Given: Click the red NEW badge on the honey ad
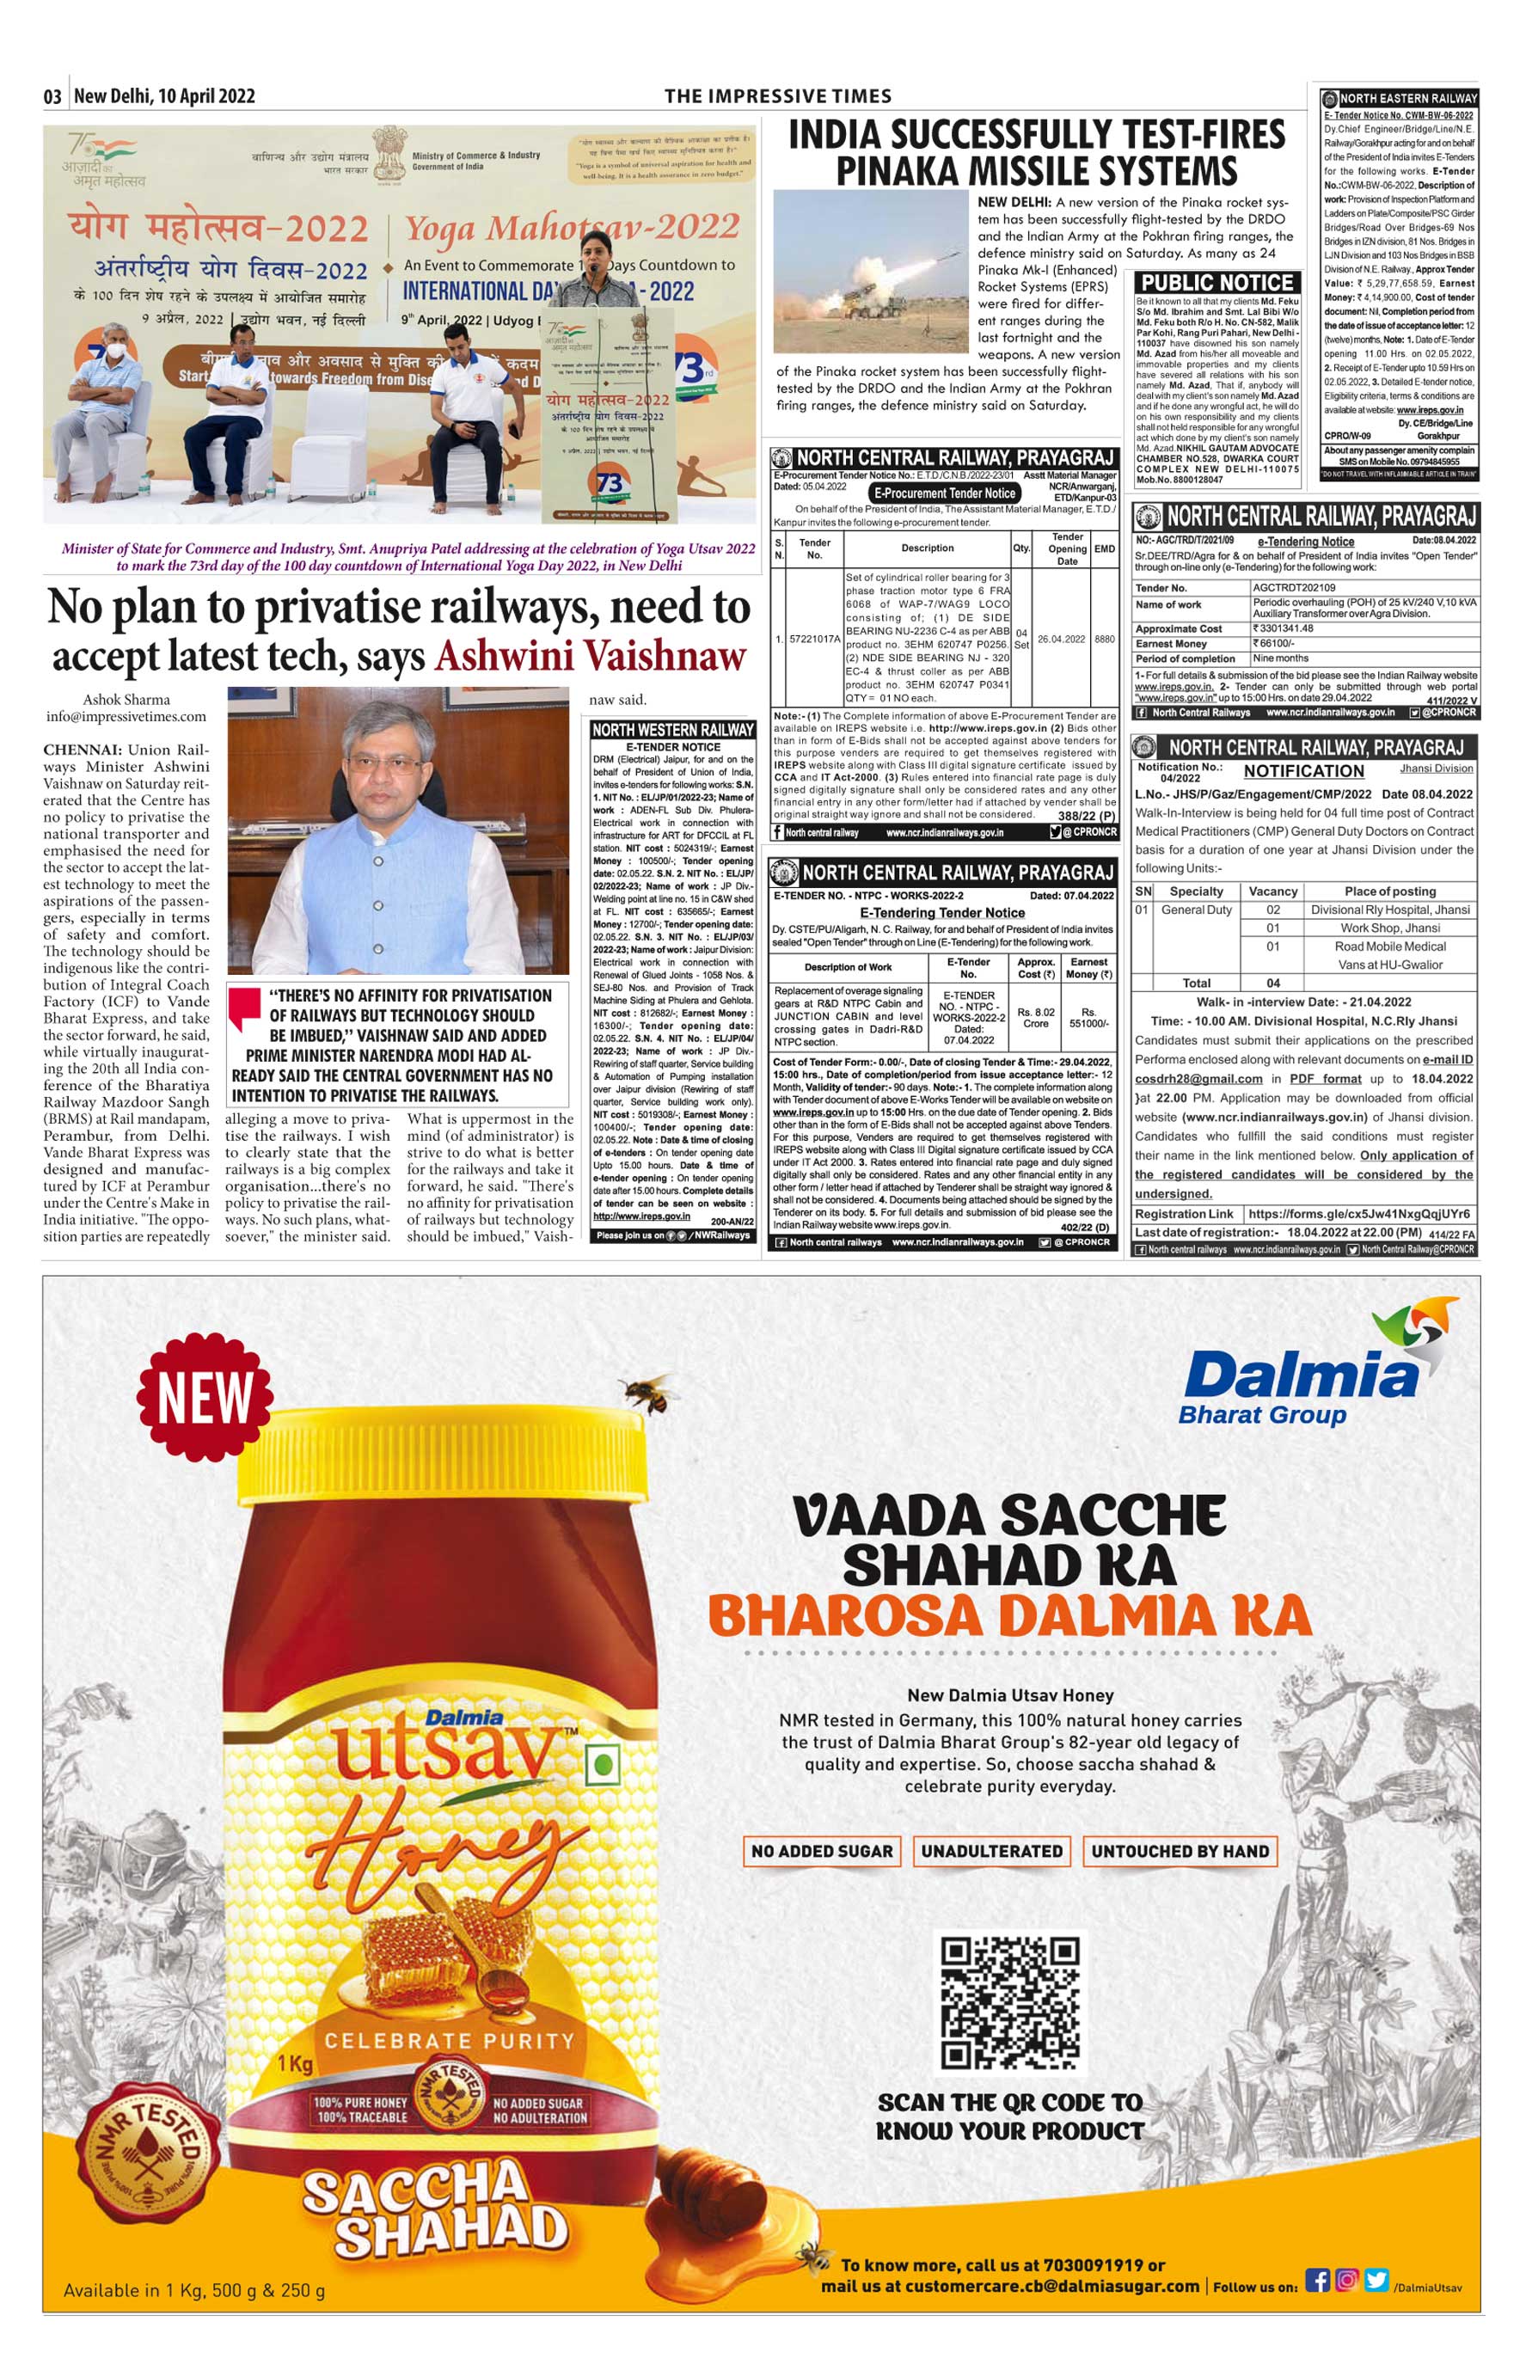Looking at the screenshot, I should (x=205, y=1398).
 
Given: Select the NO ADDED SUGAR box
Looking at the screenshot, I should (x=822, y=1851).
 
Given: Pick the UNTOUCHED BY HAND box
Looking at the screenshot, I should (x=1180, y=1851).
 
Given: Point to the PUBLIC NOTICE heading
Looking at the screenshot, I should (x=1217, y=282).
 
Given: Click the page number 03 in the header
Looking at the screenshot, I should (x=52, y=96).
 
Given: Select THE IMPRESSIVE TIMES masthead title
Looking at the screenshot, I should (x=778, y=96).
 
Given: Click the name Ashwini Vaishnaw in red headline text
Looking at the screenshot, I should (x=590, y=656).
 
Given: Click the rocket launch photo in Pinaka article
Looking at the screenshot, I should (x=870, y=272).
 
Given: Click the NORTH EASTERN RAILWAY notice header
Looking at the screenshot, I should (x=1407, y=98).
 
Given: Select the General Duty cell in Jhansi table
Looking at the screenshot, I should (x=1196, y=910).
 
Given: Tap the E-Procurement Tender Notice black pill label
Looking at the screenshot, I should (x=943, y=493).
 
